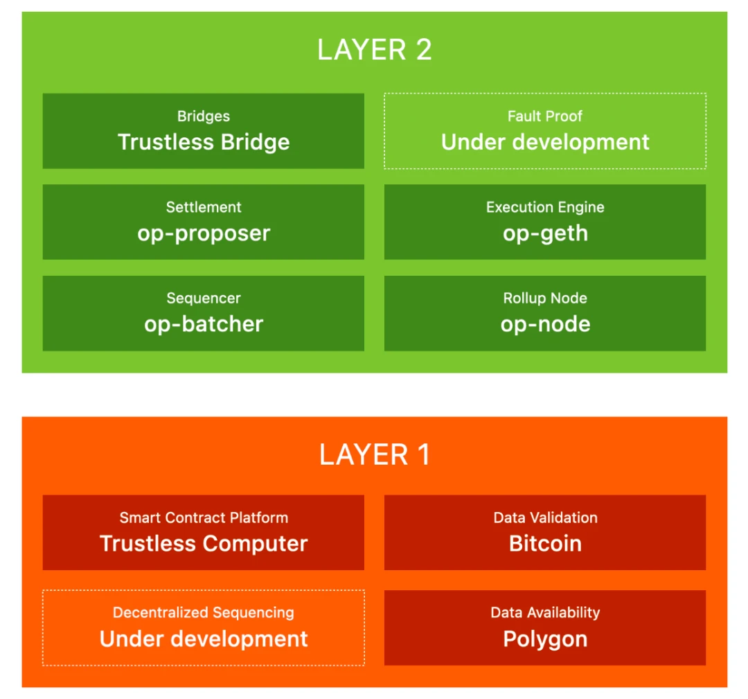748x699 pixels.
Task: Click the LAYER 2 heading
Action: pos(374,50)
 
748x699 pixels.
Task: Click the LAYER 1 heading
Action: pos(374,454)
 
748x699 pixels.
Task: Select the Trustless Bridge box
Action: pos(204,131)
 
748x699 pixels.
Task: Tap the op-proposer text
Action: pos(204,233)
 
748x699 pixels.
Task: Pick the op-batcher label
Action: pos(204,324)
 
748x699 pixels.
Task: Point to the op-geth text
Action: pos(545,233)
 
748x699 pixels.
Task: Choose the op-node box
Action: pos(545,313)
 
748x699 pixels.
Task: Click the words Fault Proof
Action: pos(545,116)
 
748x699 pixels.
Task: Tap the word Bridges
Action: pos(204,116)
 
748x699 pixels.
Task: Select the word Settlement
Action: pos(204,207)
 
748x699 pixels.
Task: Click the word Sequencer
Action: pos(204,299)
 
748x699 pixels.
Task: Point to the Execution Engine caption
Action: pos(545,207)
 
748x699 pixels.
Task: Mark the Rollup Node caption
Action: pos(545,299)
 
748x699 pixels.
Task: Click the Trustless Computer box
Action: pos(204,532)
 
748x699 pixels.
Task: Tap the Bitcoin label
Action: pos(545,544)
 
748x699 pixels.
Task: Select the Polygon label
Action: pos(545,639)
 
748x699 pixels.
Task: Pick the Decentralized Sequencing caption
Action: pos(204,612)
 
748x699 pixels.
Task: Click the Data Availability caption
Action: pos(545,612)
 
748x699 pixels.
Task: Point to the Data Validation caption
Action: pos(545,517)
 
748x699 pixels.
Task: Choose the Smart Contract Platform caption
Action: pos(204,517)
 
